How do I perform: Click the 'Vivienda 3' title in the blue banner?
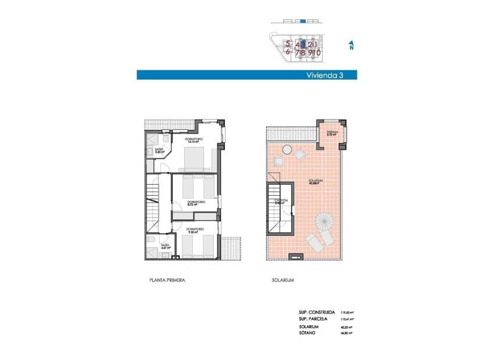(x=324, y=75)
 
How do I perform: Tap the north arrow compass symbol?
(x=351, y=45)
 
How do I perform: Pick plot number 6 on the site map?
(x=287, y=52)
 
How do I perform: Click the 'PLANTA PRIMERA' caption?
(x=167, y=280)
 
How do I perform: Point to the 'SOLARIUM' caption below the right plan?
(x=282, y=280)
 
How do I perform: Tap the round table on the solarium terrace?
(x=287, y=149)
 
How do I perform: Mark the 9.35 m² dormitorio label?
(x=195, y=231)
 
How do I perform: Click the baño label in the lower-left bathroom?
(x=165, y=247)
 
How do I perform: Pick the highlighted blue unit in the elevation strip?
(x=303, y=21)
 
